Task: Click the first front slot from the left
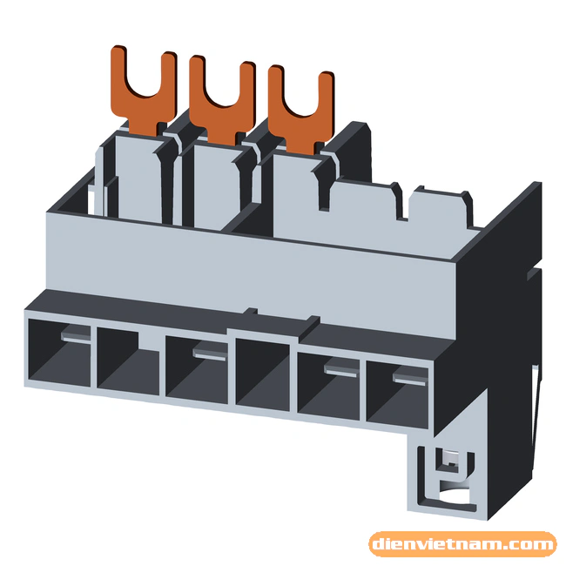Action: click(x=59, y=352)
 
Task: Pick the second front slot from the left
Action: click(x=128, y=361)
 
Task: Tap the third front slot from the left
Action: click(x=197, y=370)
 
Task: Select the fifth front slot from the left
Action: click(x=328, y=387)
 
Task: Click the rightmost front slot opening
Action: click(x=397, y=395)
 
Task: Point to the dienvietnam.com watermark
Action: click(x=462, y=544)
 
